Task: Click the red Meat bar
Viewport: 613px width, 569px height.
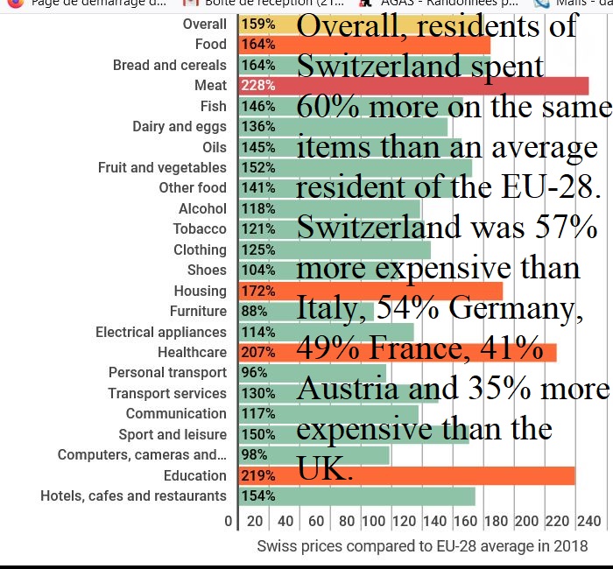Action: tap(412, 86)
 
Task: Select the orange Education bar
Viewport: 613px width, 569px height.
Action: tap(407, 475)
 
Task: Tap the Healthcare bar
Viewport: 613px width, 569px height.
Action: tap(398, 353)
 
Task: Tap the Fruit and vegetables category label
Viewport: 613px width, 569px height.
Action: tap(162, 167)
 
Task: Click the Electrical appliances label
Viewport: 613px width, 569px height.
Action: tap(161, 332)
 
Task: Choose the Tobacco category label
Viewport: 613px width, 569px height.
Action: tap(200, 228)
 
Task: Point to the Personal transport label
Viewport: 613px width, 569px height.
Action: tap(167, 373)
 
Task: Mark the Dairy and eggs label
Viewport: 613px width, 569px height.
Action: tap(180, 127)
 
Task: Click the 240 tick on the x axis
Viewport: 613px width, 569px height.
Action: tap(589, 522)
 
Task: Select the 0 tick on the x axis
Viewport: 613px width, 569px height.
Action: tap(229, 522)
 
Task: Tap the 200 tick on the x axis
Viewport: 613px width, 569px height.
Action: tap(527, 522)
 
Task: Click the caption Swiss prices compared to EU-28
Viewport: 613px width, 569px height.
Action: tap(422, 546)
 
